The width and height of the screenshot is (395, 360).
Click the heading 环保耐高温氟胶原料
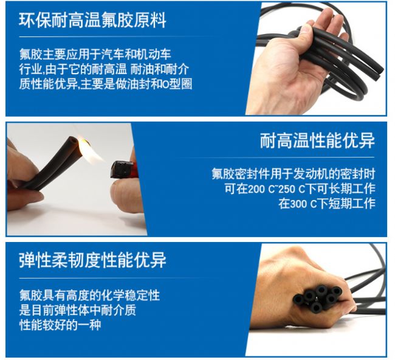coord(92,20)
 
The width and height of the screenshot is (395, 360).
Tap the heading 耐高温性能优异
coord(317,140)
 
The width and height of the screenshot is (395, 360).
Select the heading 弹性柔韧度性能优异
coord(92,260)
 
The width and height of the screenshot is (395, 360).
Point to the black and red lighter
coord(124,170)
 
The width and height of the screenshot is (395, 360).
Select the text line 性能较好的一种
coord(60,325)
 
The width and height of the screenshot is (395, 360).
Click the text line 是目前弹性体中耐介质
coord(78,310)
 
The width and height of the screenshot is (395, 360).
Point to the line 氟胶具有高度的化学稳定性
coord(90,295)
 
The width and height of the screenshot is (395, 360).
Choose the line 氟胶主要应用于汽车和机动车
coord(95,54)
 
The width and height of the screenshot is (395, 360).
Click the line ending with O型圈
coord(106,84)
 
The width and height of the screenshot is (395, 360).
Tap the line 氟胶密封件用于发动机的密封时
coord(294,174)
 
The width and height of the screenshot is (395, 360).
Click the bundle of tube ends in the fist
coord(317,298)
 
